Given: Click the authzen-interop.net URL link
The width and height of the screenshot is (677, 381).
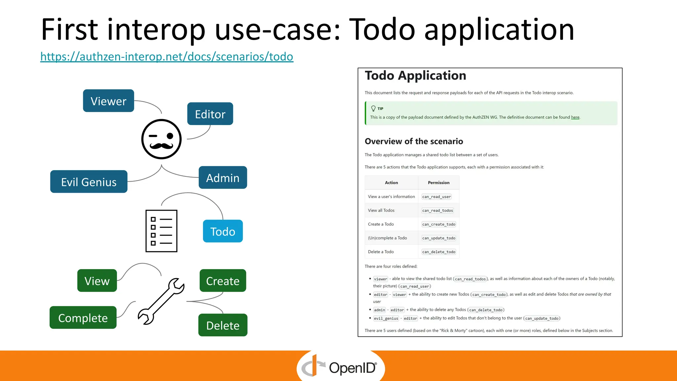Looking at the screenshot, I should (167, 57).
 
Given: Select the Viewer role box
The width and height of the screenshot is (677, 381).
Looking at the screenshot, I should (108, 101).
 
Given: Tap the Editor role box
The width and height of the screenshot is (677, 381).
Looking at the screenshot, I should (210, 114).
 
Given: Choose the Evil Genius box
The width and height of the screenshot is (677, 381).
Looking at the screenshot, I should (89, 182).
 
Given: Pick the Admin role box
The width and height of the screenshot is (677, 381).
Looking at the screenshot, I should (223, 178).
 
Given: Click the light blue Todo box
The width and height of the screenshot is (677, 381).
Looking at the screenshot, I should (223, 231).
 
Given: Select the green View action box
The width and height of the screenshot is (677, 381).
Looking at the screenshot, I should (97, 280).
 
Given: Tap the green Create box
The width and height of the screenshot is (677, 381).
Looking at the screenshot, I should (223, 280).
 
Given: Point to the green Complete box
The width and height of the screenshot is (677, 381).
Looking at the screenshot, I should (83, 317).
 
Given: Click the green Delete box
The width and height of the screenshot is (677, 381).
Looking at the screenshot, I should (223, 325).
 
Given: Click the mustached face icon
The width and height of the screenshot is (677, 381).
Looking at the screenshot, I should (161, 139).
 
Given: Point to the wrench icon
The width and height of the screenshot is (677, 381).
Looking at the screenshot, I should (161, 301).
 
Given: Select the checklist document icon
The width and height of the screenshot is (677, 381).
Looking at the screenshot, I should (161, 231).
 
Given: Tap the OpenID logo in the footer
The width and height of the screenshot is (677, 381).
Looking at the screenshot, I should (340, 367).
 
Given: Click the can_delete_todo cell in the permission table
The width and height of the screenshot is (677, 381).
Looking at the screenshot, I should (439, 252).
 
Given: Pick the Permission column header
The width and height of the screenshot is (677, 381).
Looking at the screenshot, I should (439, 183).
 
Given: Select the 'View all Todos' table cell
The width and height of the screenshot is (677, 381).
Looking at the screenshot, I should (381, 210).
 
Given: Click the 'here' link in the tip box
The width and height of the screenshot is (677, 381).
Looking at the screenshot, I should (575, 117).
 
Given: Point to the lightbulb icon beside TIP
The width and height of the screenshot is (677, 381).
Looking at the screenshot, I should (373, 108).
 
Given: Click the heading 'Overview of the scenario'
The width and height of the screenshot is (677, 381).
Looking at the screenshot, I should (414, 141).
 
